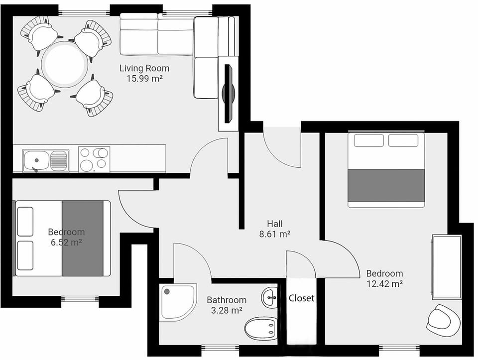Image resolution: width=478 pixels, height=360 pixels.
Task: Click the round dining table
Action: [64, 65]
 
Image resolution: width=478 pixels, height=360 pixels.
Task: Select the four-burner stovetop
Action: [94, 159]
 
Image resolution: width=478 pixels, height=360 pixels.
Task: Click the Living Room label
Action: [144, 68]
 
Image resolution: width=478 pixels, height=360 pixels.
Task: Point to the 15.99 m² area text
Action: [144, 78]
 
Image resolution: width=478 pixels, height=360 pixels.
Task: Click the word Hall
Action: [275, 224]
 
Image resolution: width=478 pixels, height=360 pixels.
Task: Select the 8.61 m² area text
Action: [275, 233]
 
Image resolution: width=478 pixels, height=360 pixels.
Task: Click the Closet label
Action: [302, 298]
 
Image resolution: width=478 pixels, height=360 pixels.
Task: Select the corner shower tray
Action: [177, 301]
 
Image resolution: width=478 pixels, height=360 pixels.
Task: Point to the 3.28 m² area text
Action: [227, 310]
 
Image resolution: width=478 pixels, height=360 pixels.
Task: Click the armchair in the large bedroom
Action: [444, 319]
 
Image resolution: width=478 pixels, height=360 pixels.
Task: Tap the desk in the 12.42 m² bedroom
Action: [447, 267]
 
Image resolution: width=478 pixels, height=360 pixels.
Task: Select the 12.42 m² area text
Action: [384, 284]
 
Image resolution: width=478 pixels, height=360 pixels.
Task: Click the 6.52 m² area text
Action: [66, 242]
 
